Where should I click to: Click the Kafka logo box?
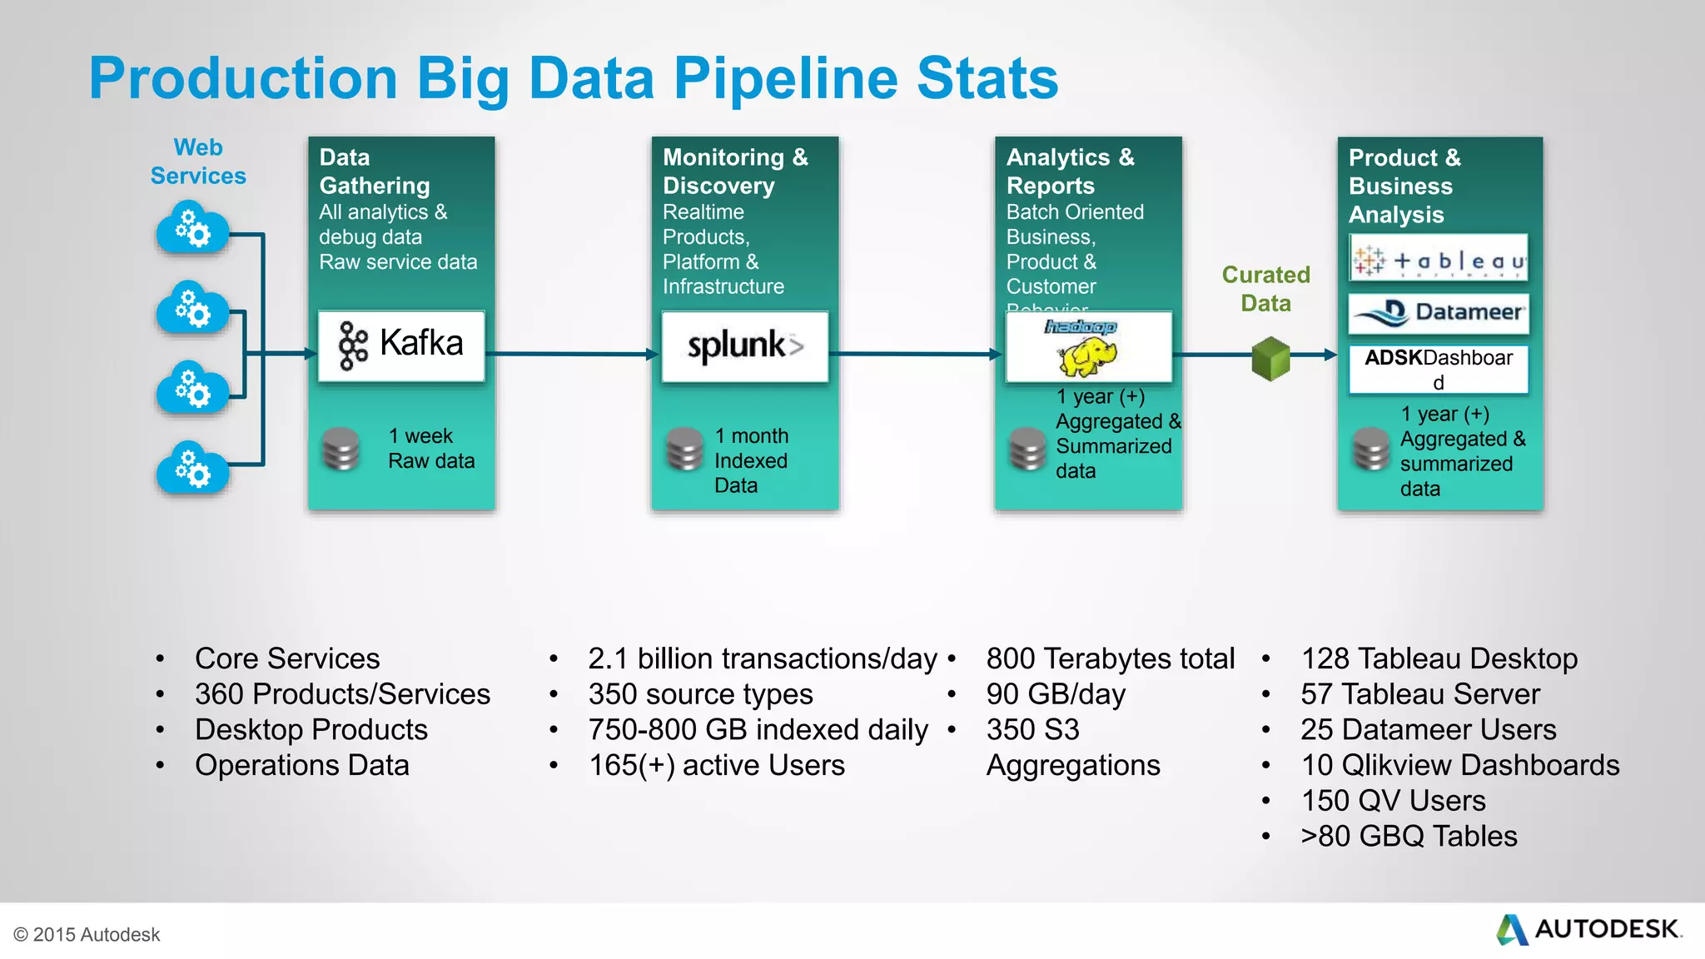click(401, 346)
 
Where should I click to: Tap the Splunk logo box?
click(745, 346)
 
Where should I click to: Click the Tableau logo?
click(1439, 258)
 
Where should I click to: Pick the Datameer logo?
click(1439, 313)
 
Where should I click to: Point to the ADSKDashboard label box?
click(1439, 369)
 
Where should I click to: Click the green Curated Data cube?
click(1270, 359)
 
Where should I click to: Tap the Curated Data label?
click(1265, 289)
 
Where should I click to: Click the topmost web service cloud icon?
click(192, 228)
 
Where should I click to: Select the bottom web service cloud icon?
click(192, 469)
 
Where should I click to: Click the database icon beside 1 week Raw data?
click(341, 449)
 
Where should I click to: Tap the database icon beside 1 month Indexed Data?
click(685, 449)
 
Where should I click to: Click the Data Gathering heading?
click(375, 171)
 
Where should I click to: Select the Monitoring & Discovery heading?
click(735, 171)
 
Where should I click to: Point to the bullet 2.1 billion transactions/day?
click(763, 658)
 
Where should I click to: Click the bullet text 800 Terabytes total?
click(1110, 658)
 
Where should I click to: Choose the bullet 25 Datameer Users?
click(1428, 729)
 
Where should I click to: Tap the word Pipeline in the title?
click(785, 78)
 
